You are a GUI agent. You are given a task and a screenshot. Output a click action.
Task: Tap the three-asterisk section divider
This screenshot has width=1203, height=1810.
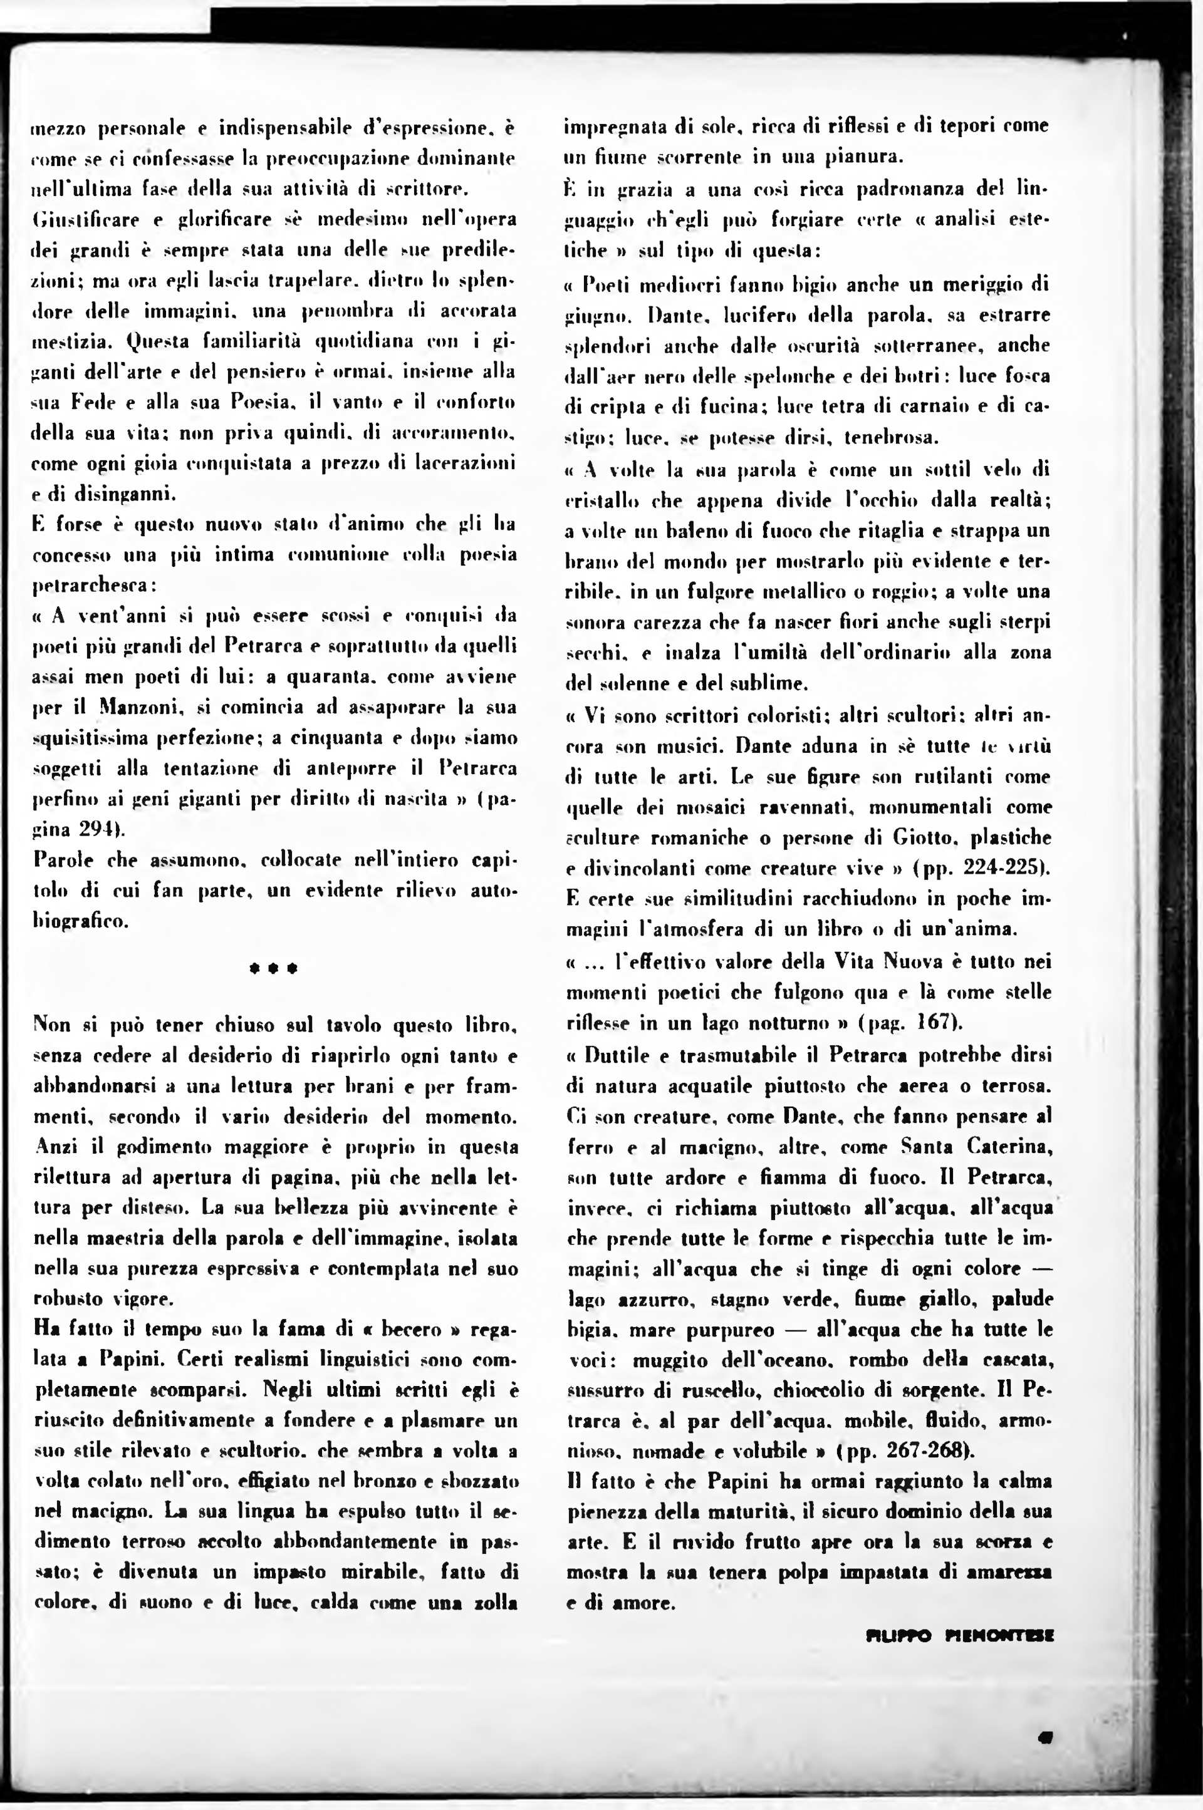273,969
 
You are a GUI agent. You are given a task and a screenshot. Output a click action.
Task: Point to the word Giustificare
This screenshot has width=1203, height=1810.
86,220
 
